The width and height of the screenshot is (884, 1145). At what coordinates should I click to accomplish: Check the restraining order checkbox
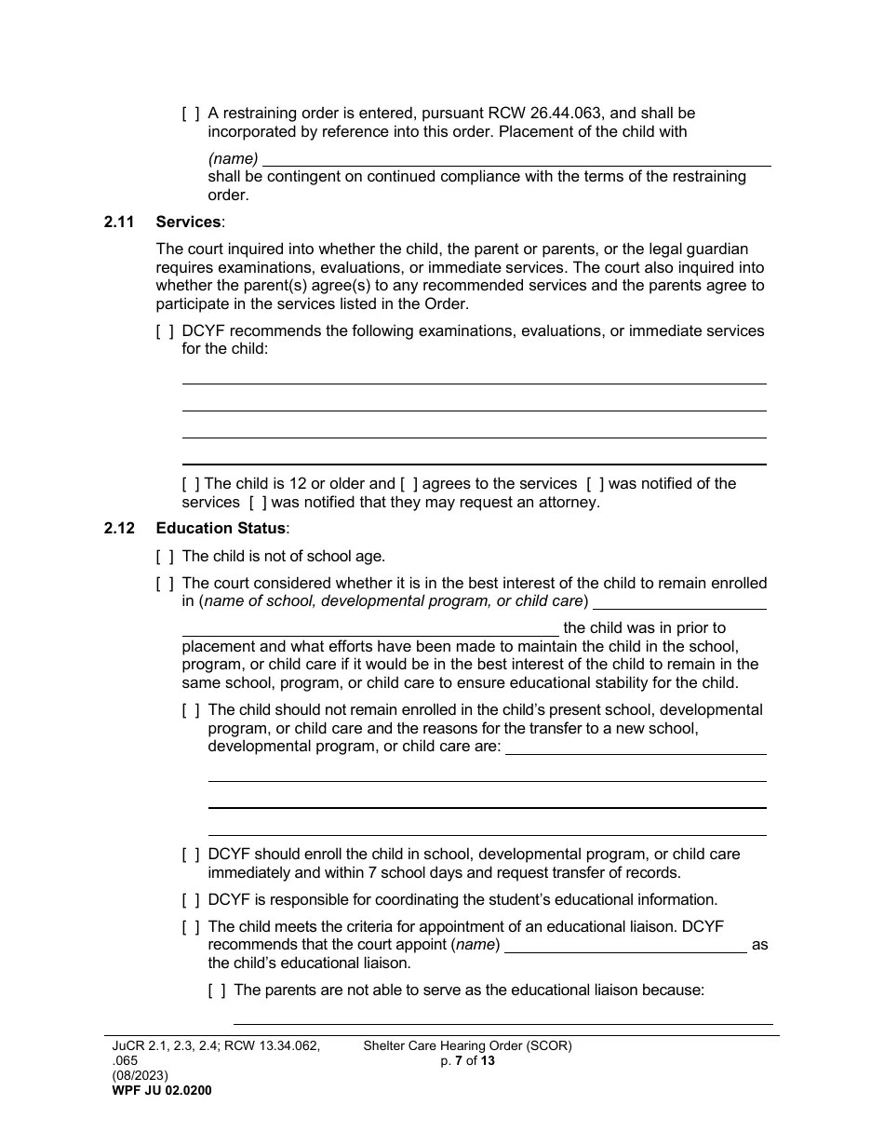pos(190,114)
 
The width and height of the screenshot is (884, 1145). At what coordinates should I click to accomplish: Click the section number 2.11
pos(119,222)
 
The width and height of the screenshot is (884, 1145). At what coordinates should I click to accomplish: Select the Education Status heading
pos(221,529)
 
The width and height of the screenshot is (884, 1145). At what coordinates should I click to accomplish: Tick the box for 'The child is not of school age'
pos(164,557)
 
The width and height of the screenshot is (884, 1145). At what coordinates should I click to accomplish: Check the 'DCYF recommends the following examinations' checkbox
pos(164,331)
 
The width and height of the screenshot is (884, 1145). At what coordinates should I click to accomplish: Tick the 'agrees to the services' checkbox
pos(409,484)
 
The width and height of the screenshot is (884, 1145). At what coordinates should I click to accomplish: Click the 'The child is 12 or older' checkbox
pos(190,484)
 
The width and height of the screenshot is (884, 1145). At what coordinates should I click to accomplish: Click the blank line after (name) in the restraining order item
pos(516,159)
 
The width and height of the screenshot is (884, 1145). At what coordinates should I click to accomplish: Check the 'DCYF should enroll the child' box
pos(190,855)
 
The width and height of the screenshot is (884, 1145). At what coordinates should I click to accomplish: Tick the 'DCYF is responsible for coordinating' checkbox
pos(190,900)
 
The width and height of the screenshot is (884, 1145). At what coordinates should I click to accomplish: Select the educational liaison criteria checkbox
pos(190,927)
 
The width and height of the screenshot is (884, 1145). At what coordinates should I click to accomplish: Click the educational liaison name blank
pos(624,946)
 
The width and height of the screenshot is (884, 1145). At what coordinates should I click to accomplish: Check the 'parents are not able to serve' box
pos(216,990)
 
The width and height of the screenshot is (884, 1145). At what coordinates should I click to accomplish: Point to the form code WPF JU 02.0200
pos(161,1091)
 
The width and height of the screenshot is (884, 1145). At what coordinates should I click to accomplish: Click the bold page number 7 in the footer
pos(459,1060)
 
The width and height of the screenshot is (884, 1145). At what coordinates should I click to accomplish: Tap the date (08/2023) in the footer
pos(140,1076)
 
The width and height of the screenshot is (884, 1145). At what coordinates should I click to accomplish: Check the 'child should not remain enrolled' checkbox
pos(190,710)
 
